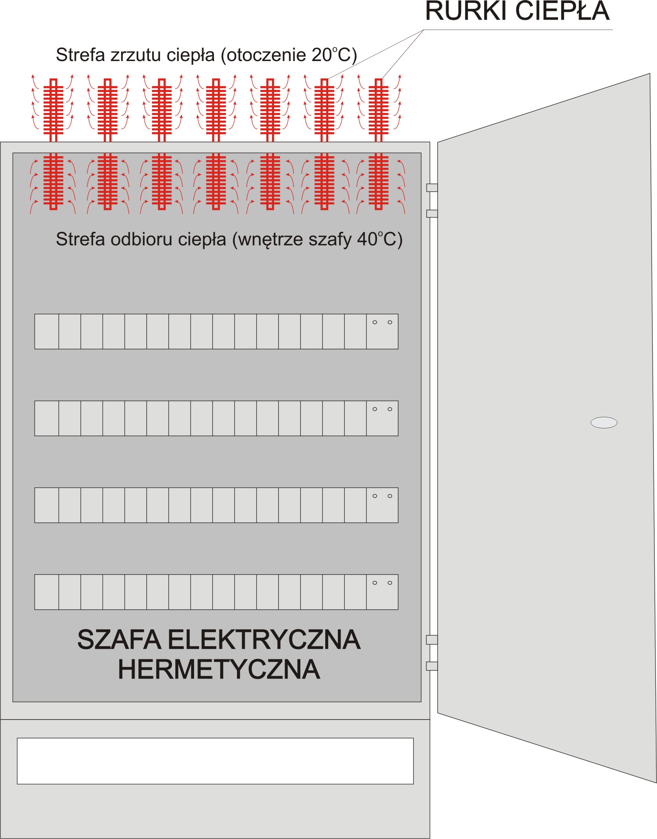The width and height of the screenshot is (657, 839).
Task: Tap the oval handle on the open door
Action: (x=604, y=422)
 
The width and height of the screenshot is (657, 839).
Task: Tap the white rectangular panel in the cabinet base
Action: (x=215, y=761)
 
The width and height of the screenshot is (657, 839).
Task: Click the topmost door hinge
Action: (x=432, y=187)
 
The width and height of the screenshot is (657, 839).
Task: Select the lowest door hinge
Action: (x=432, y=666)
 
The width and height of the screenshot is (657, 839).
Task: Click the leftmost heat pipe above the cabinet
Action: (x=53, y=110)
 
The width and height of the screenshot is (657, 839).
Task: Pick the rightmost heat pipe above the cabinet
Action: (x=379, y=110)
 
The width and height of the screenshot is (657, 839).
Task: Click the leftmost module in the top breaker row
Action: (x=46, y=331)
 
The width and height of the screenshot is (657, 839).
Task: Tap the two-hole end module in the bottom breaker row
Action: (x=382, y=592)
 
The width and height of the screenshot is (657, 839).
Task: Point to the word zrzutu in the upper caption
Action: (x=135, y=55)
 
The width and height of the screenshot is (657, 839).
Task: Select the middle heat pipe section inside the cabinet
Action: (x=216, y=181)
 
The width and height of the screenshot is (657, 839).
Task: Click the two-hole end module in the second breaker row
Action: (x=382, y=418)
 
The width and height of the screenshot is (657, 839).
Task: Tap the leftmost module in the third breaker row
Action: (x=46, y=505)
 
